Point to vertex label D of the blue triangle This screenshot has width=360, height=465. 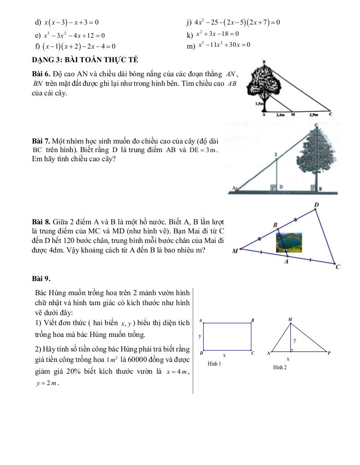point(316,206)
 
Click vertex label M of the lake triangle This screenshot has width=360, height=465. point(235,251)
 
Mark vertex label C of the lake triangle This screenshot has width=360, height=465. point(338,267)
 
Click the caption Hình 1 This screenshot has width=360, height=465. point(214,364)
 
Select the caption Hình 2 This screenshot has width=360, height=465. point(280,367)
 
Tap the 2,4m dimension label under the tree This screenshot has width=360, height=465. point(280,115)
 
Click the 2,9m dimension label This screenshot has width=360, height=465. point(314,115)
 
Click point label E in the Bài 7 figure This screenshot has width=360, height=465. point(276,155)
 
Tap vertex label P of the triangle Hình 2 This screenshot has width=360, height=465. point(329,352)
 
